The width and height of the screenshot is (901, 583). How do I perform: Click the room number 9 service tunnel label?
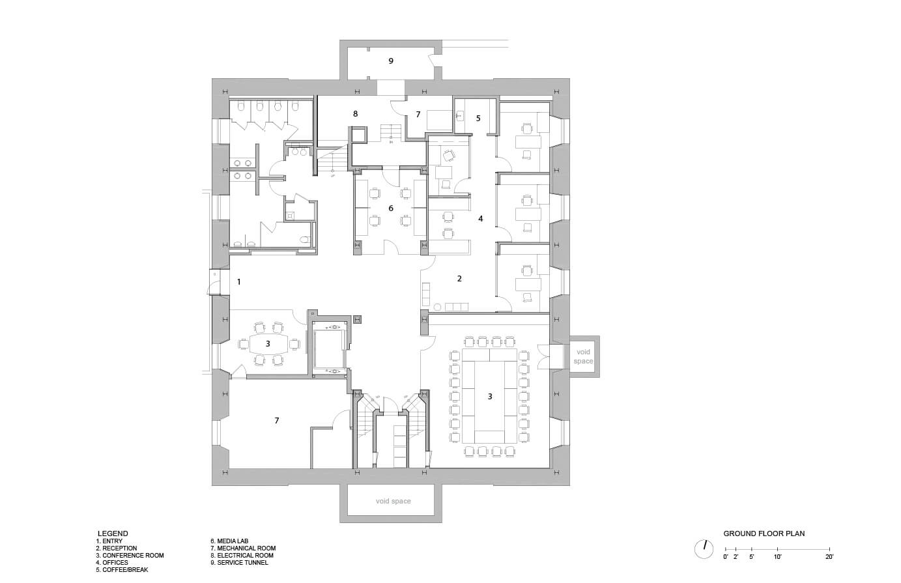point(391,61)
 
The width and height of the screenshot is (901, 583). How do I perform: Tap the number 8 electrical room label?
point(355,114)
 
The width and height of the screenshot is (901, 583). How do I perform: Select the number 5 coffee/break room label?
point(478,119)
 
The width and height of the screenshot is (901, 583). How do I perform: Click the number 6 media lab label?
point(391,208)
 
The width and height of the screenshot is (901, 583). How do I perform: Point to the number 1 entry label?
point(239,282)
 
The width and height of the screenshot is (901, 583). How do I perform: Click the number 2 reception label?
point(459,279)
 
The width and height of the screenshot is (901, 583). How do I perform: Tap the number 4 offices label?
point(481,219)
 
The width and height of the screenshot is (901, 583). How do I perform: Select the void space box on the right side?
point(583,356)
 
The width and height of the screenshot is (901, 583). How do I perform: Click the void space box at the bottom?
point(393,502)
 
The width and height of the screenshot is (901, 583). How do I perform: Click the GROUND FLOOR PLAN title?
point(764,533)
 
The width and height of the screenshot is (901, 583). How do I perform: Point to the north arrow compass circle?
point(704,548)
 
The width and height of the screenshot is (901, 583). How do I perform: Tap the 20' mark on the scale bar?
point(829,557)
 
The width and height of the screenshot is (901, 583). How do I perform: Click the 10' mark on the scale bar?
point(777,557)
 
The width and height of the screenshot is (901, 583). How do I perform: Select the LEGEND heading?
point(112,533)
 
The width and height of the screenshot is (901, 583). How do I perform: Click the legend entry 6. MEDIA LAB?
point(229,541)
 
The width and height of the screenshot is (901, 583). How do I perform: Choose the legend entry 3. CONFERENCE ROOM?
point(130,556)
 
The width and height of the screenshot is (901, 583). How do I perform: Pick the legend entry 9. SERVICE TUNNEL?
point(238,563)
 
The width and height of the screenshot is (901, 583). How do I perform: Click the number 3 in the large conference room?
point(490,396)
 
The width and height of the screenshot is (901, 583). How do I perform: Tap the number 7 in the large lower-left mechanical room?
point(276,421)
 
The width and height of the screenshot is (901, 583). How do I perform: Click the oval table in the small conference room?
point(268,343)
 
